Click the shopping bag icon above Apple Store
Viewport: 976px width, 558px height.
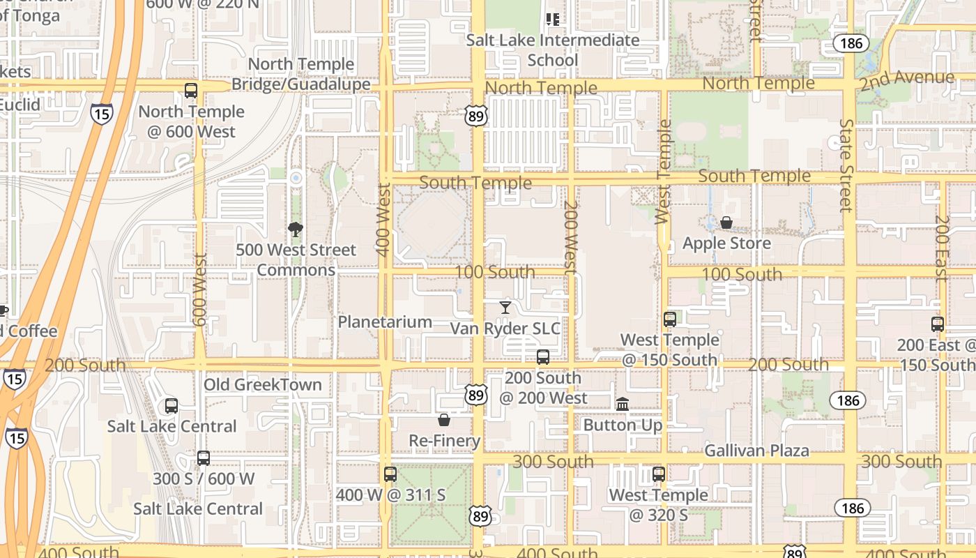pyautogui.click(x=726, y=223)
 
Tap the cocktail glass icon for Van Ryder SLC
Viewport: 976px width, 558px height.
pyautogui.click(x=505, y=307)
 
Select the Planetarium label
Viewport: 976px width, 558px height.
pyautogui.click(x=385, y=322)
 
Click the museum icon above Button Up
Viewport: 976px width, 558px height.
pyautogui.click(x=623, y=404)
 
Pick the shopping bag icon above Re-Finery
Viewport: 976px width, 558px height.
pyautogui.click(x=444, y=420)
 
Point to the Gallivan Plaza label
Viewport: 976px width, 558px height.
pyautogui.click(x=756, y=451)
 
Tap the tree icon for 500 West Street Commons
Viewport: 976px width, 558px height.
pyautogui.click(x=296, y=229)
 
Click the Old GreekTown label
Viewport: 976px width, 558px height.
pyautogui.click(x=263, y=384)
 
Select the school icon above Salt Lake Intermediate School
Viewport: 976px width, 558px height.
pyautogui.click(x=553, y=20)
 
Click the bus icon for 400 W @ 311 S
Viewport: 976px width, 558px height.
pyautogui.click(x=390, y=474)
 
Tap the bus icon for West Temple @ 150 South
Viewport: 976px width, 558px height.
pyautogui.click(x=670, y=319)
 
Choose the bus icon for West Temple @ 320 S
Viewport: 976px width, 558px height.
pyautogui.click(x=659, y=474)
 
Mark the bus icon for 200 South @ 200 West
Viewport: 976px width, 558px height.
pyautogui.click(x=543, y=357)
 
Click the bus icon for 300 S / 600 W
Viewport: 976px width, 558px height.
pyautogui.click(x=204, y=458)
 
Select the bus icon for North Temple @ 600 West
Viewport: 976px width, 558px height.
pyautogui.click(x=191, y=91)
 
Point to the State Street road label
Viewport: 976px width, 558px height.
pyautogui.click(x=846, y=165)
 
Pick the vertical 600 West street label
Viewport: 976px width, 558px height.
pyautogui.click(x=200, y=289)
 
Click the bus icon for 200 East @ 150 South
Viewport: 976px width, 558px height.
pyautogui.click(x=938, y=324)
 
